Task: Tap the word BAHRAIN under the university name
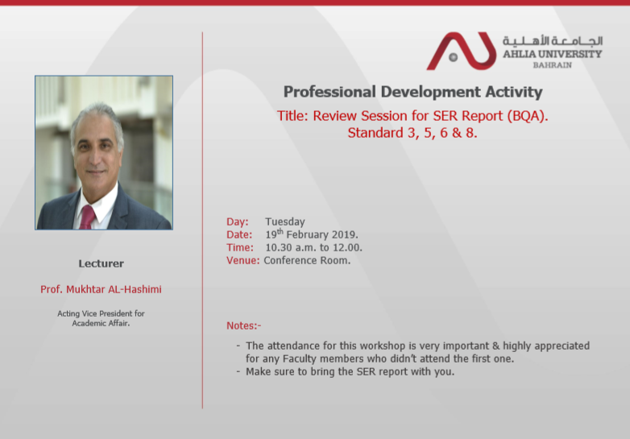(552, 65)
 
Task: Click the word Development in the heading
(430, 92)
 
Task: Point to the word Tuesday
(285, 222)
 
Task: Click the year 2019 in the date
(345, 234)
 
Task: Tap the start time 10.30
(279, 247)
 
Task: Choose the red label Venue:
(242, 260)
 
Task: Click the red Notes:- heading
(243, 325)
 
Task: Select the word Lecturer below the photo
(101, 263)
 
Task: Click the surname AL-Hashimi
(135, 289)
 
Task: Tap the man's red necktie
(87, 217)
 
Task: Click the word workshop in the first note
(383, 346)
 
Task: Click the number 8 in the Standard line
(470, 133)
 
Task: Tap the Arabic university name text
(553, 40)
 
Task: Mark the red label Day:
(237, 222)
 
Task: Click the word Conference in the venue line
(289, 260)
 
